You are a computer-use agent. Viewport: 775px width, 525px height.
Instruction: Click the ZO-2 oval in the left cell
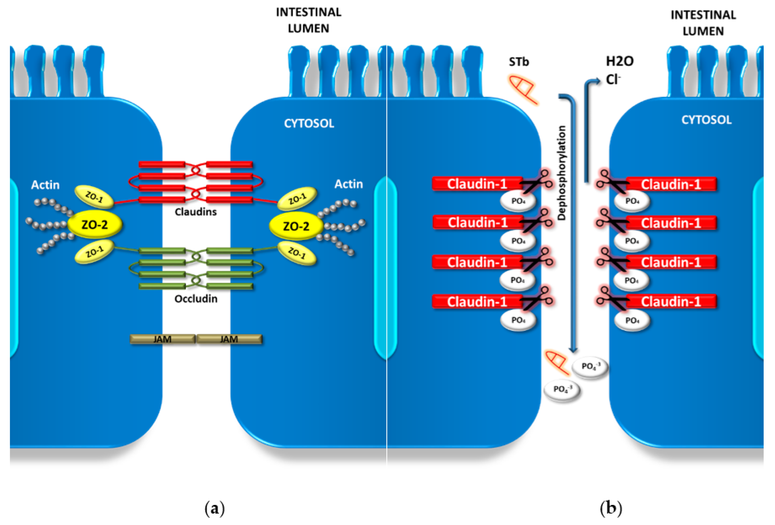point(95,225)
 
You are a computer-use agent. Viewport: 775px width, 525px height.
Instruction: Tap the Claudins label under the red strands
point(196,212)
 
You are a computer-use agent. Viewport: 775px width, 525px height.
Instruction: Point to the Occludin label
point(196,299)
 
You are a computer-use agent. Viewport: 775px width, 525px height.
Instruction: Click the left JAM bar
point(162,339)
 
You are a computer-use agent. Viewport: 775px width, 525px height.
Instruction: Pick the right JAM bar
point(229,339)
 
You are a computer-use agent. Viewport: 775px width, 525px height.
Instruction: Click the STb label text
point(519,62)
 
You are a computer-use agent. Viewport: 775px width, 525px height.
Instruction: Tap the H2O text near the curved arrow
point(620,61)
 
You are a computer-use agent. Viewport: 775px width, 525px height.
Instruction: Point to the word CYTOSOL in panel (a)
point(309,124)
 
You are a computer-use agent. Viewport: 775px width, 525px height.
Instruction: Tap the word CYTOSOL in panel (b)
point(706,120)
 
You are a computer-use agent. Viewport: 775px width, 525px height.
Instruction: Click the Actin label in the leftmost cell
point(45,185)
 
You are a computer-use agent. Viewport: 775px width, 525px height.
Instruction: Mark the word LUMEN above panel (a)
point(308,29)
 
